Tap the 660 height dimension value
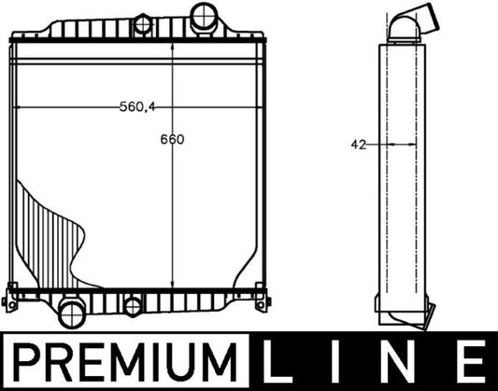point(172,140)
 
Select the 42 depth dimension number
point(359,145)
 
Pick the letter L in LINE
point(277,360)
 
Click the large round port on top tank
point(203,16)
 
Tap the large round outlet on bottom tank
point(72,310)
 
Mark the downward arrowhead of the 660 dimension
point(175,281)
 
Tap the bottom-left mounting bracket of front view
point(11,301)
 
